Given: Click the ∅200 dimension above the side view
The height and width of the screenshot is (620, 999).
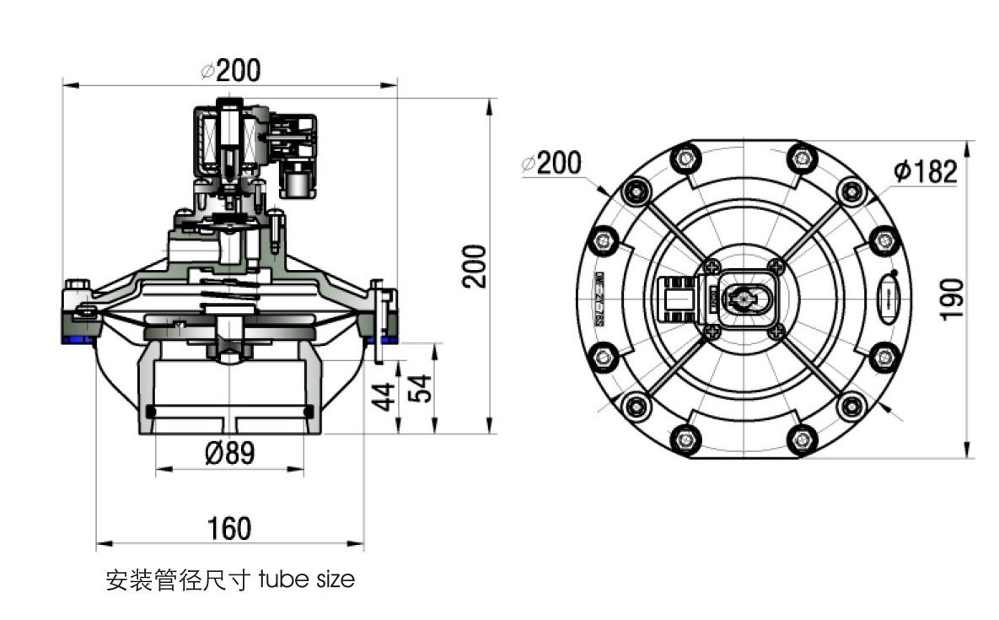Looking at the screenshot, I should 230,70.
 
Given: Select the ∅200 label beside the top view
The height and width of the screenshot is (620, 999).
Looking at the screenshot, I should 551,162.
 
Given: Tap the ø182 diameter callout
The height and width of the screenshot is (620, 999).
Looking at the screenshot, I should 925,171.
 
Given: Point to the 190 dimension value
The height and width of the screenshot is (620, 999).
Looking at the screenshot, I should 952,299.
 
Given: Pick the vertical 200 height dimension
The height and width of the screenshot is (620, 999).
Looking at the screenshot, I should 476,266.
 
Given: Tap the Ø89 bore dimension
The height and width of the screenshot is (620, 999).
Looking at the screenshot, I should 229,453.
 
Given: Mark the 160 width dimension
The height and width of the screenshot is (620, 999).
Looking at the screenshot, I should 229,528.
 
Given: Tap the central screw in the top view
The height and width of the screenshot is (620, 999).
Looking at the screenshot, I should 742,298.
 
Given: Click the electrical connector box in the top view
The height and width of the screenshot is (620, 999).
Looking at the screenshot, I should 674,299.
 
